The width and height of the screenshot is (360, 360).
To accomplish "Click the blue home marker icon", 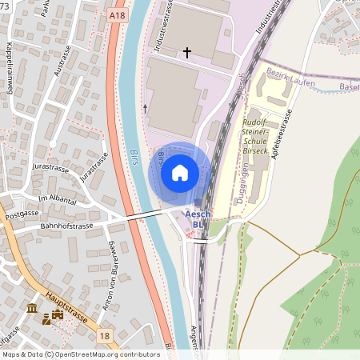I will pos(180,172).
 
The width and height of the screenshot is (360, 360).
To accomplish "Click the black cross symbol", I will pos(187,53).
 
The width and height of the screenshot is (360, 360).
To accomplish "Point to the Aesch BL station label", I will pos(198,219).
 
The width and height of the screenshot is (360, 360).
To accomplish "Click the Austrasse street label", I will pos(63,73).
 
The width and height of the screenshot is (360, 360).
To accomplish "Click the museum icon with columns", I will pos(32,308).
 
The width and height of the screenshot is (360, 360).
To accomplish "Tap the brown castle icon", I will pos(58,318).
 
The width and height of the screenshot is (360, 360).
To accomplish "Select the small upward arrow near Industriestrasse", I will pos(145,107).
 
